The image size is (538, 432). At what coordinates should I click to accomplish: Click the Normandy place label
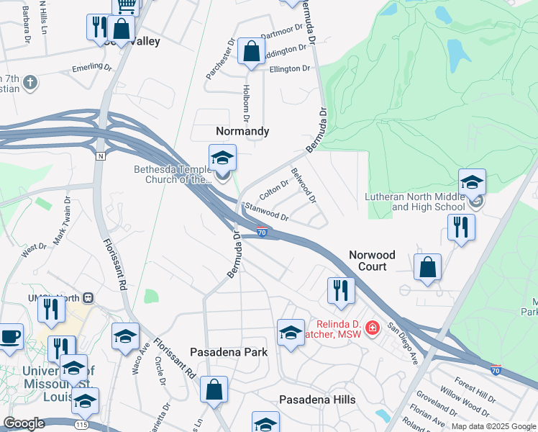[x=242, y=131]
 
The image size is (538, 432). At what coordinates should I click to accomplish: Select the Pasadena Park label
[x=229, y=352]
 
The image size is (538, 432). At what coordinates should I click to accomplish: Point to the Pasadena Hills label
[x=316, y=400]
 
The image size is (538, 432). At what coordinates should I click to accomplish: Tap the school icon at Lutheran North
[x=472, y=182]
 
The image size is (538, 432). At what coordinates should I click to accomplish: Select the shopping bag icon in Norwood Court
[x=428, y=266]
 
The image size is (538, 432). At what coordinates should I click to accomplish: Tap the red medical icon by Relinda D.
[x=372, y=329]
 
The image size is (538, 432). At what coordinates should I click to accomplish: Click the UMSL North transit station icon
[x=88, y=297]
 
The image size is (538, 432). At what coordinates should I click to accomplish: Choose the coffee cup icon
[x=9, y=337]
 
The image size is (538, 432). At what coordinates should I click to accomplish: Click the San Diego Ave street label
[x=403, y=343]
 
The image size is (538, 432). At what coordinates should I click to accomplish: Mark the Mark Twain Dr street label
[x=60, y=220]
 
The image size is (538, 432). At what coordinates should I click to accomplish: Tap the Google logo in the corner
[x=24, y=423]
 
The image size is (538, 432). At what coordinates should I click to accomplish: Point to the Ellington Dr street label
[x=290, y=68]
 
